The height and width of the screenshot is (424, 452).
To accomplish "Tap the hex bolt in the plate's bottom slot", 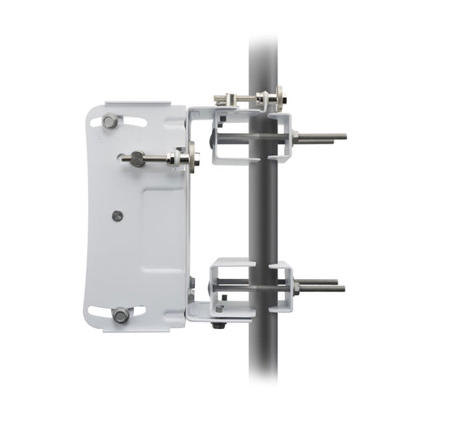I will click(x=120, y=315).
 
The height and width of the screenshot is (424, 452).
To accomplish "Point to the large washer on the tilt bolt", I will click(x=195, y=158).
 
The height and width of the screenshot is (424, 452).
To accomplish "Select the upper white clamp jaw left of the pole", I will click(x=229, y=136).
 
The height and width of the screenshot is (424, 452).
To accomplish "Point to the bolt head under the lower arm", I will click(x=219, y=324).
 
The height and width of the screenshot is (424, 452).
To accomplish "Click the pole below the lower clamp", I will click(x=265, y=365).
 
